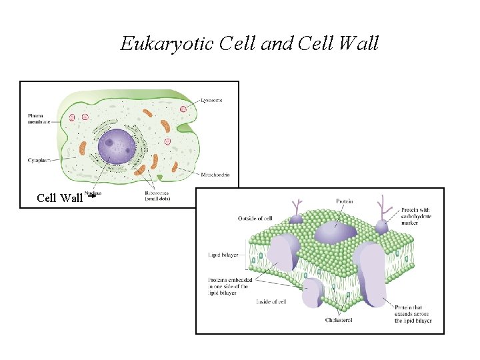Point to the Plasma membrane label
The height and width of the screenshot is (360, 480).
click(x=39, y=119)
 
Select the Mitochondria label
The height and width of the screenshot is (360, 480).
click(x=215, y=175)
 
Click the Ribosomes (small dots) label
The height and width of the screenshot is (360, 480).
click(x=157, y=195)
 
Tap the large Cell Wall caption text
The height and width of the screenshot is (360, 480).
click(x=59, y=197)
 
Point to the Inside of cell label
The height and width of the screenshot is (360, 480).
click(x=271, y=302)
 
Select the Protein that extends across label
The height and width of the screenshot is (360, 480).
click(x=413, y=313)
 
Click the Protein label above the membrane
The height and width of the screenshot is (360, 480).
click(x=344, y=201)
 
